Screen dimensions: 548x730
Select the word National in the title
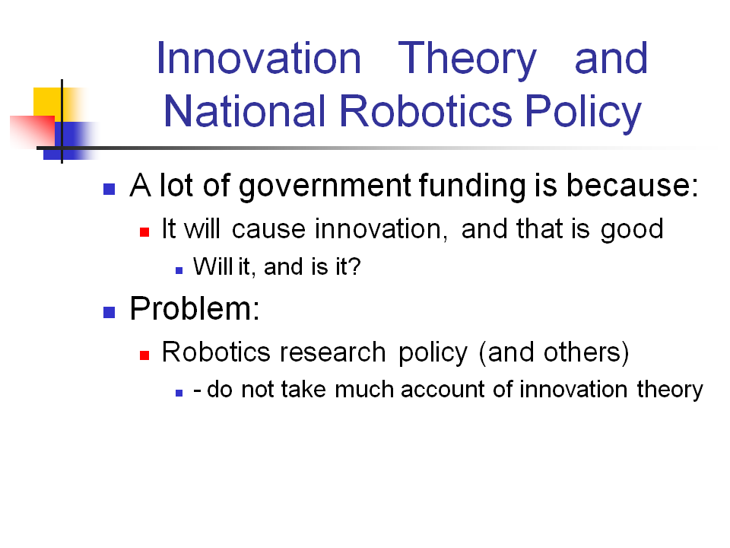pyautogui.click(x=244, y=111)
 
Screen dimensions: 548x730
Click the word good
pyautogui.click(x=631, y=229)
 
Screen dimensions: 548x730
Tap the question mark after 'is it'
pyautogui.click(x=354, y=268)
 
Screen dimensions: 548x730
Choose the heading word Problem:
pyautogui.click(x=195, y=308)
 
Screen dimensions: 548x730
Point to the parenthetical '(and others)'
pyautogui.click(x=557, y=352)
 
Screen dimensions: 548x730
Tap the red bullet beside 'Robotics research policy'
pyautogui.click(x=144, y=355)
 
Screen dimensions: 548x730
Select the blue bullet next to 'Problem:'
pyautogui.click(x=109, y=311)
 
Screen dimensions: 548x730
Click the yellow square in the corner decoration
pyautogui.click(x=46, y=100)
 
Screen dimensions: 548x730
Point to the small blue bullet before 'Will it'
pyautogui.click(x=179, y=269)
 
